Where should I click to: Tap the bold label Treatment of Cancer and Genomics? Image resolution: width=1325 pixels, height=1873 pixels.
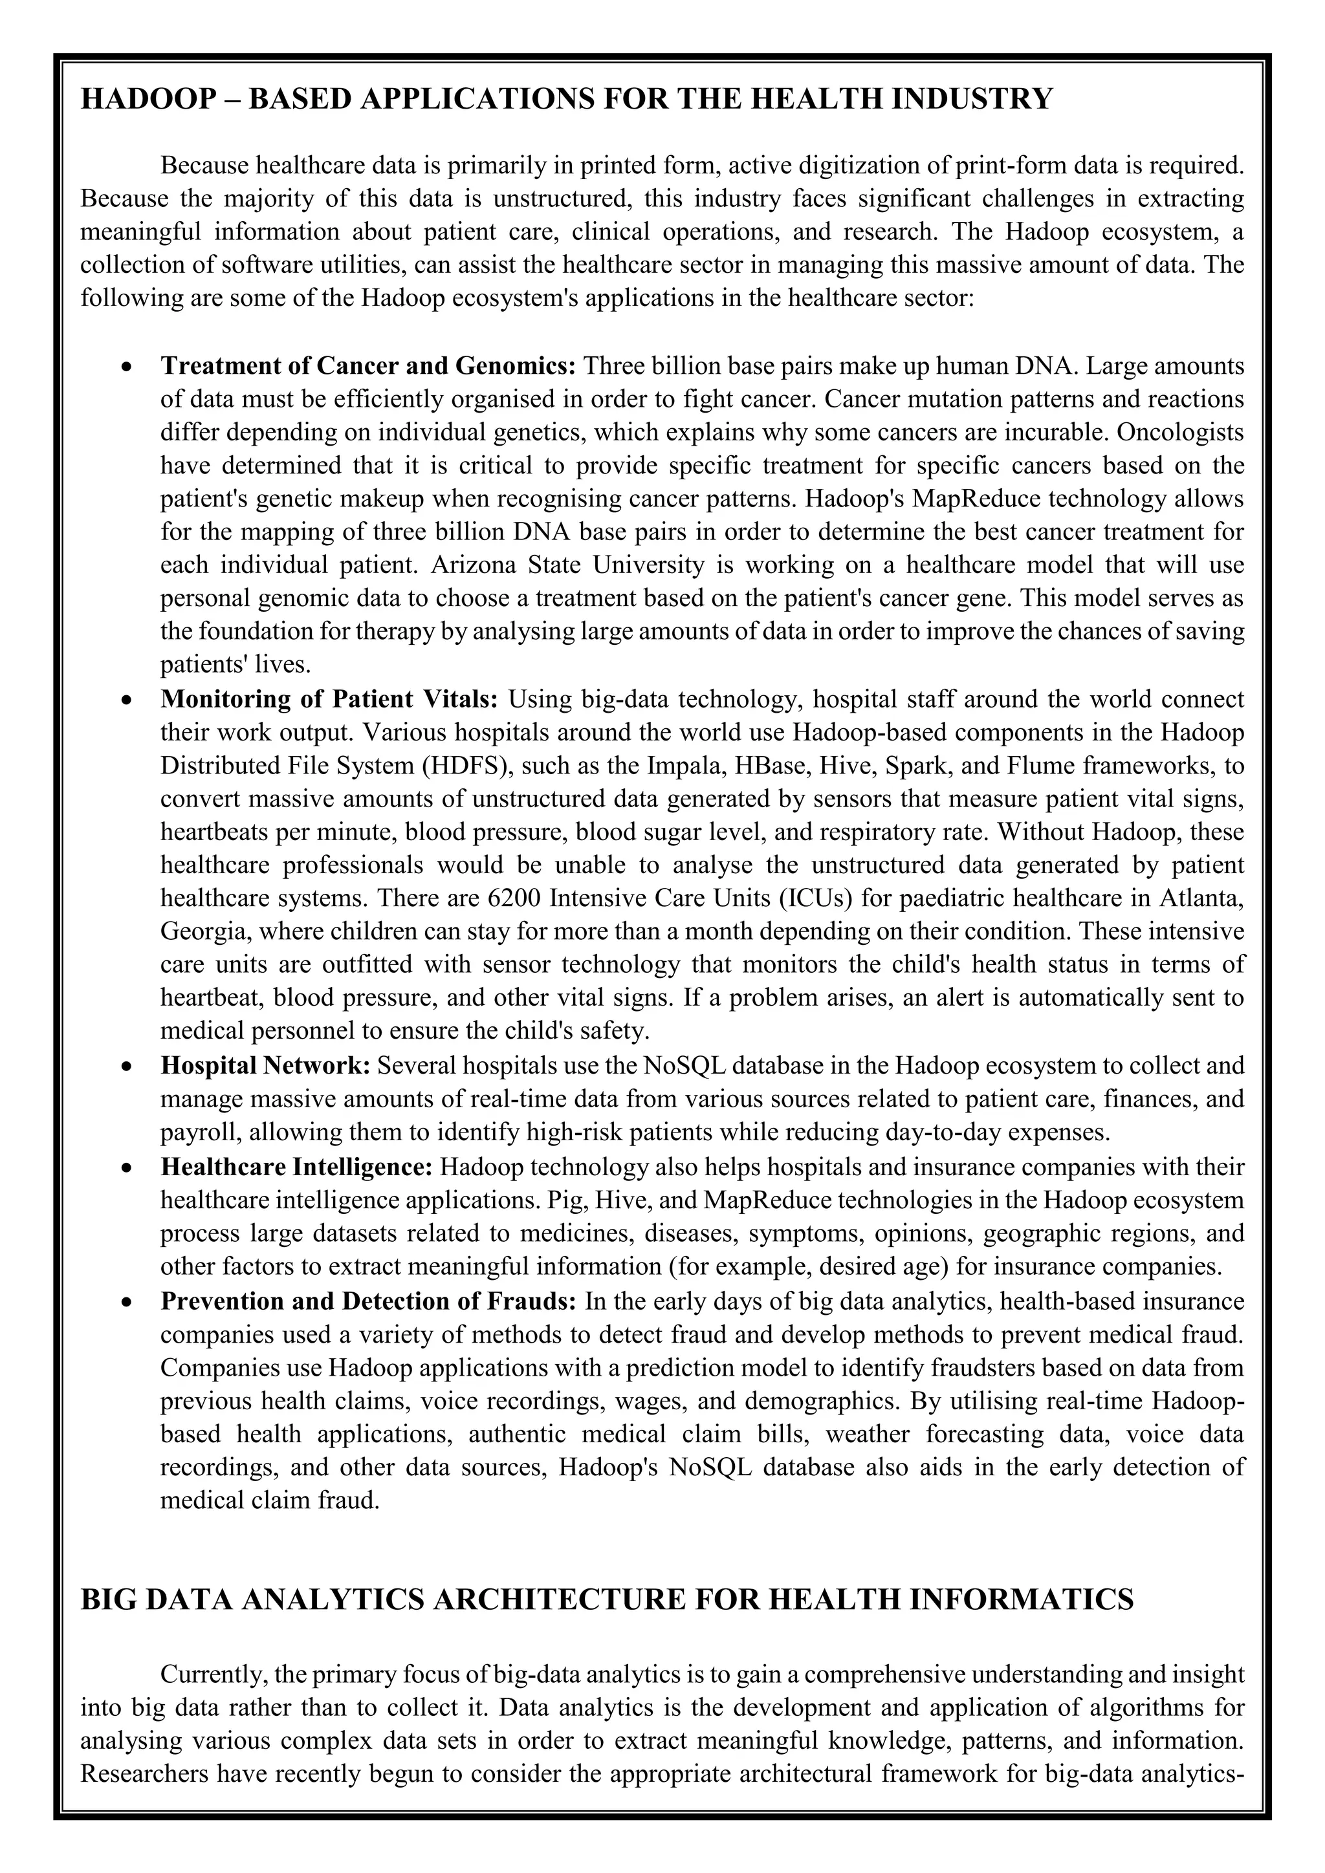coord(369,365)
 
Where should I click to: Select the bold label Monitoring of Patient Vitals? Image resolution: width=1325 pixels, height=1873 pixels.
coord(329,699)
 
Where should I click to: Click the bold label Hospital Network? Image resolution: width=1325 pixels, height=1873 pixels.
coord(266,1065)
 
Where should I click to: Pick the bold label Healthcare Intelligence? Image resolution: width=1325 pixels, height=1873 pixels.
coord(296,1167)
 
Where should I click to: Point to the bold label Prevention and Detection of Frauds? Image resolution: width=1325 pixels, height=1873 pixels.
coord(369,1301)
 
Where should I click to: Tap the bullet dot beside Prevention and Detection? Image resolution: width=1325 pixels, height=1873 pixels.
coord(126,1302)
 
